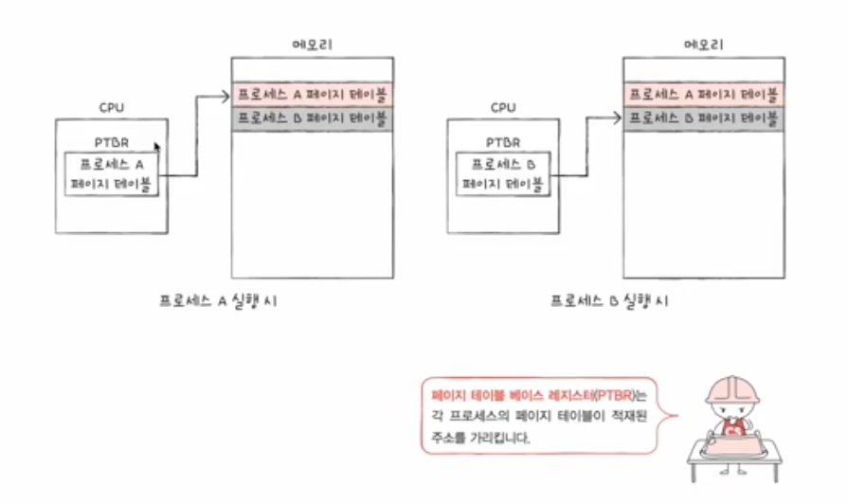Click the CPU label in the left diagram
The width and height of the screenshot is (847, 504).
pyautogui.click(x=111, y=108)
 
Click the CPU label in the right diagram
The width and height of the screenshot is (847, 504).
pyautogui.click(x=503, y=108)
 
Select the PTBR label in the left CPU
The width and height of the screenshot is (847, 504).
pyautogui.click(x=111, y=143)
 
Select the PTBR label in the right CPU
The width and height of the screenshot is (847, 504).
pyautogui.click(x=503, y=143)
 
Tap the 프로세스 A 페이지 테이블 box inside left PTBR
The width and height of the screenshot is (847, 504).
pyautogui.click(x=112, y=173)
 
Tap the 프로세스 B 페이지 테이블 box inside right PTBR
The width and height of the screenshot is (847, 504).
pyautogui.click(x=502, y=173)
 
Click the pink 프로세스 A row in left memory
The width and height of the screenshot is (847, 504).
pyautogui.click(x=312, y=95)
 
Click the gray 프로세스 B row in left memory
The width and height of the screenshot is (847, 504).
pyautogui.click(x=312, y=119)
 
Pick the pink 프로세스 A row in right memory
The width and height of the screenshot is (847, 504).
pyautogui.click(x=702, y=95)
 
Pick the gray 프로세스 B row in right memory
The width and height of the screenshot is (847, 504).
pyautogui.click(x=702, y=119)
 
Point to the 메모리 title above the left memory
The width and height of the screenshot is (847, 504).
pyautogui.click(x=312, y=45)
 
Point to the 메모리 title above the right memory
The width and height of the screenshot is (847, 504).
pyautogui.click(x=702, y=45)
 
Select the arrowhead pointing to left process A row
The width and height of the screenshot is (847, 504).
pyautogui.click(x=226, y=95)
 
